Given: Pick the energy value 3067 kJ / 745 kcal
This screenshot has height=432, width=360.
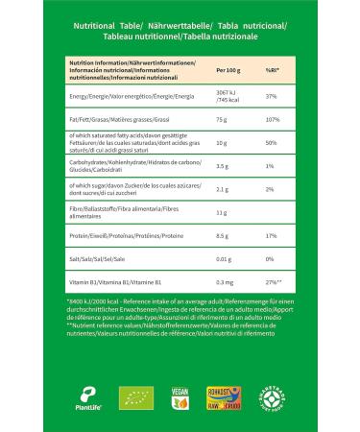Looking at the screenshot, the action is click(x=228, y=97).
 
